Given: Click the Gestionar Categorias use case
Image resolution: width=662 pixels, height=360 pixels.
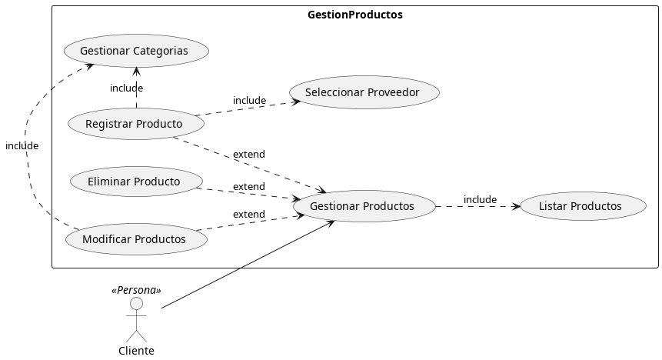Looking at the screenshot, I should [136, 51].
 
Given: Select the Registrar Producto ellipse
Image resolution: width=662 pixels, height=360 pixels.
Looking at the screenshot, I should [135, 124].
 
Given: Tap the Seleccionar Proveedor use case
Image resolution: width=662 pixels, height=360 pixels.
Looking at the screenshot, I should [364, 92].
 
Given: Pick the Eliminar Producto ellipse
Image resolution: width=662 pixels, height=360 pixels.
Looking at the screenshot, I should [135, 182].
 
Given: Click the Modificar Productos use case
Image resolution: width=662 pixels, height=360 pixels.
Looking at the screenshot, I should [135, 239].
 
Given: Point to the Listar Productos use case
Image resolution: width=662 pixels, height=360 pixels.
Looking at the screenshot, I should [581, 206].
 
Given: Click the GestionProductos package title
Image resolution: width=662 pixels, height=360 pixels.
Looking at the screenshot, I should [354, 15].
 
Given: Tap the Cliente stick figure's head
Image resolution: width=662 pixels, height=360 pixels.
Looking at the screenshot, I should [136, 304].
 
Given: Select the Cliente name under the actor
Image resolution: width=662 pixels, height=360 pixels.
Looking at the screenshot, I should [136, 351].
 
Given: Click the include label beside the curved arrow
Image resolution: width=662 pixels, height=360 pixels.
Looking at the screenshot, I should [22, 145].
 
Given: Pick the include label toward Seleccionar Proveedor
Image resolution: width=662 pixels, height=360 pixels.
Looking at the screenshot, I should [249, 101].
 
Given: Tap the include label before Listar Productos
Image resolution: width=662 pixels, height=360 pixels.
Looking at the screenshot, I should [480, 200].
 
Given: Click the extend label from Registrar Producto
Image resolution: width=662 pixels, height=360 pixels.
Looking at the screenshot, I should [248, 155].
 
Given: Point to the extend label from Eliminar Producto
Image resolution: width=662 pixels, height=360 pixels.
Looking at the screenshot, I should [248, 187].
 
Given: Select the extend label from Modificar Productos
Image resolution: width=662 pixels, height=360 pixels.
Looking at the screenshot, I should [248, 215].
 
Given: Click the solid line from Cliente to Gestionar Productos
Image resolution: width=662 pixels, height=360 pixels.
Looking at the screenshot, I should [246, 265].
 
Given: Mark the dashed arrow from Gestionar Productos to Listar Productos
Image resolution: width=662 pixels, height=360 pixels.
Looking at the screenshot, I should [477, 206].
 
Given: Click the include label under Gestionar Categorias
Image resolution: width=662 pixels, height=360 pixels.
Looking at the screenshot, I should [126, 88].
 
